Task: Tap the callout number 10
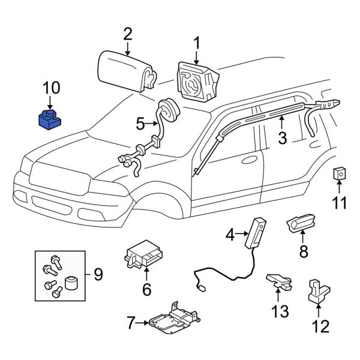click(x=51, y=89)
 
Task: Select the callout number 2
click(x=127, y=34)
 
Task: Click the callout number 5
click(x=140, y=124)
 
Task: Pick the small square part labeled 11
click(x=340, y=175)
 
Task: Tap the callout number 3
click(x=281, y=139)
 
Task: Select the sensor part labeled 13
click(x=278, y=281)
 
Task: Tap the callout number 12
click(x=321, y=327)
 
